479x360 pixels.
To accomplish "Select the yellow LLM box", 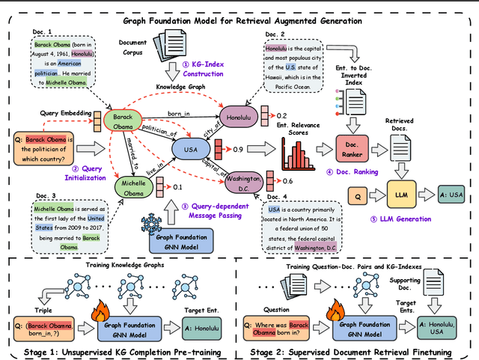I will tap(400, 195).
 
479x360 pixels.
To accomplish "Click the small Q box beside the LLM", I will tap(357, 195).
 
